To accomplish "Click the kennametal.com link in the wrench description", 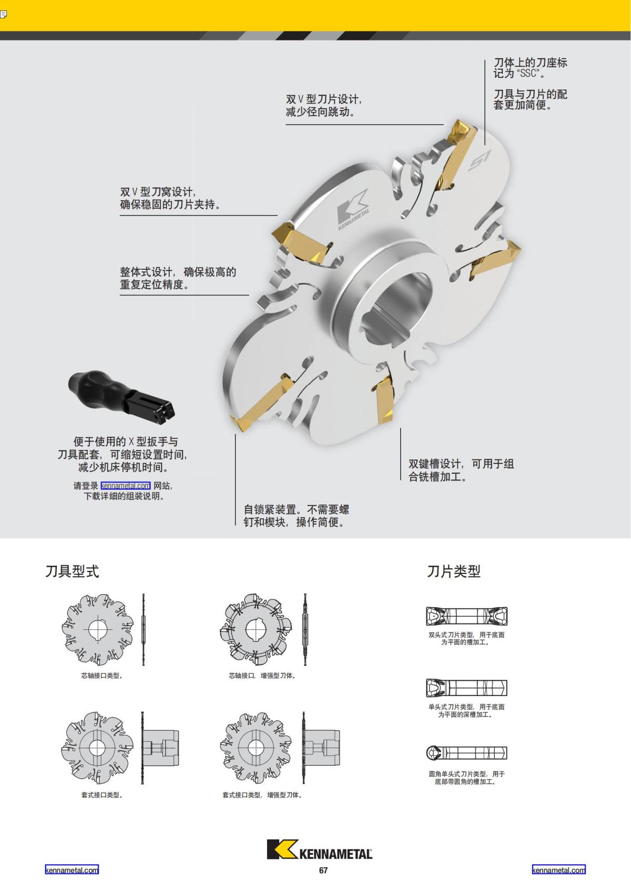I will (125, 486).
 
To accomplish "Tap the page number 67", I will (323, 870).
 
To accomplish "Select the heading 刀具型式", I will (72, 571).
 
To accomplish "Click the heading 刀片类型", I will (453, 571).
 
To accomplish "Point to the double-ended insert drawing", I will (466, 616).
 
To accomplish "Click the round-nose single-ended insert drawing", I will (466, 753).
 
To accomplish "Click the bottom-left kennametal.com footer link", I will (72, 870).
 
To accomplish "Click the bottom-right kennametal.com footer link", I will (558, 870).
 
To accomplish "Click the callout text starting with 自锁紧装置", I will (296, 516).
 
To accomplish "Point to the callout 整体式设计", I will (178, 278).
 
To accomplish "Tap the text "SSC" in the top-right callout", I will (527, 74).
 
